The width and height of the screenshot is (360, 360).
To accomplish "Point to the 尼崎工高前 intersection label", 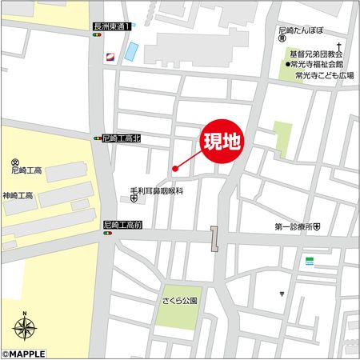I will pos(122,226).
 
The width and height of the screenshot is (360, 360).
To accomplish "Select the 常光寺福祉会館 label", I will pos(318,64).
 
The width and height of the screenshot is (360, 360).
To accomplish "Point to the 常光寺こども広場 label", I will pos(324,75).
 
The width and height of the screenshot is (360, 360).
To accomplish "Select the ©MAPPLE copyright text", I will pos(24,353).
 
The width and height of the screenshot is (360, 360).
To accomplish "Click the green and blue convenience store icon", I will pos(308,261).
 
